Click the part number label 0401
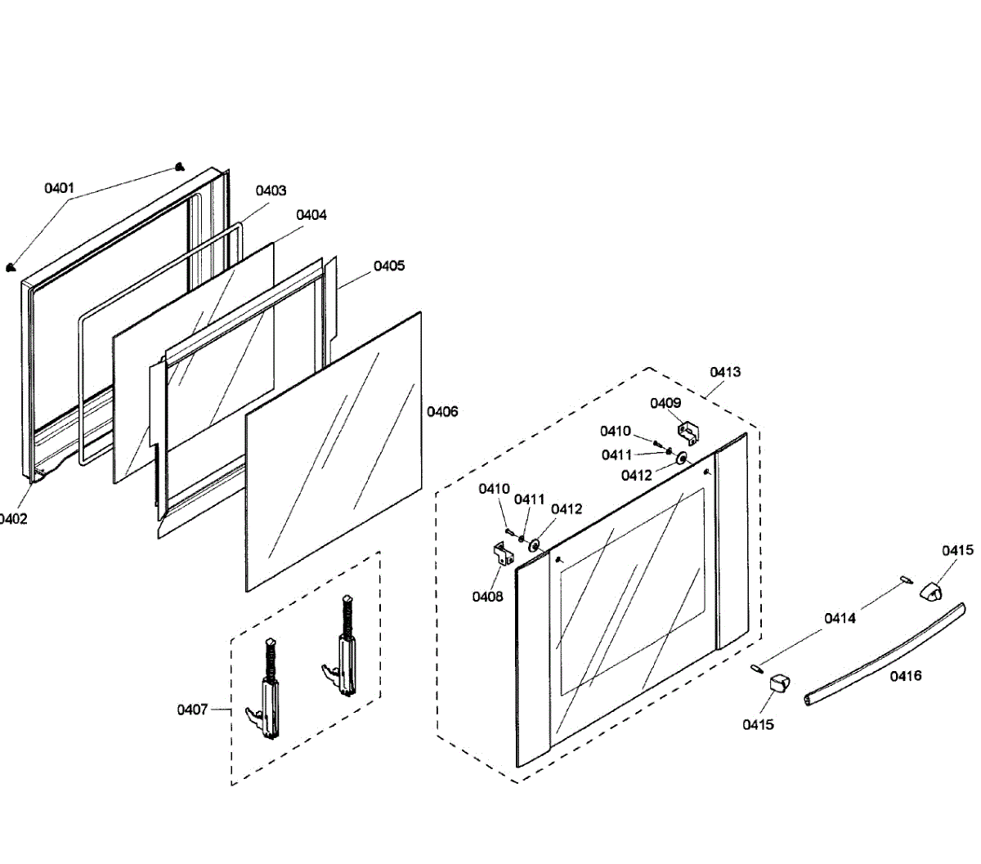59,188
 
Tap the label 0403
271,190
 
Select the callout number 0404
311,214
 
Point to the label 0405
389,266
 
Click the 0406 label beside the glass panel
442,411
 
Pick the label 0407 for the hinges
192,710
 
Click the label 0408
487,597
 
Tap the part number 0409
665,403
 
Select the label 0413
725,372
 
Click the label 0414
840,619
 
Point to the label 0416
906,676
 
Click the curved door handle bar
885,654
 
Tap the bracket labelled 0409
688,433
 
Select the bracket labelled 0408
504,553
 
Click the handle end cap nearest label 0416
780,684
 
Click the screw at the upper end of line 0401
180,167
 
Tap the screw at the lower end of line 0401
10,266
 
